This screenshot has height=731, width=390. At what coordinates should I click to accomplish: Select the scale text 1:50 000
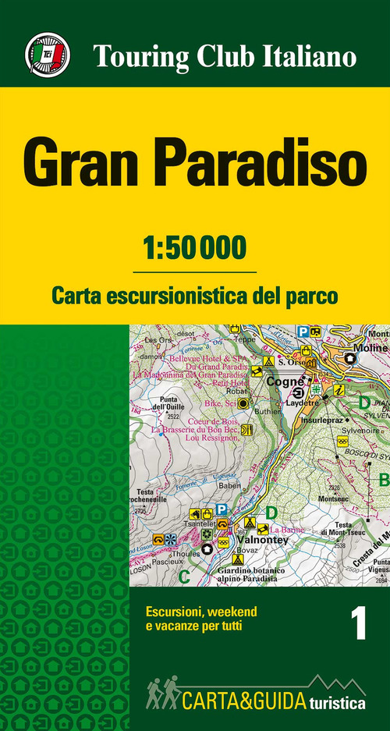tap(195, 248)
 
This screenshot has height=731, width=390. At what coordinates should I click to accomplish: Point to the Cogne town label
tap(282, 382)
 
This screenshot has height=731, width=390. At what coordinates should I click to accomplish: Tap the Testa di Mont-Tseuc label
tap(350, 528)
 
